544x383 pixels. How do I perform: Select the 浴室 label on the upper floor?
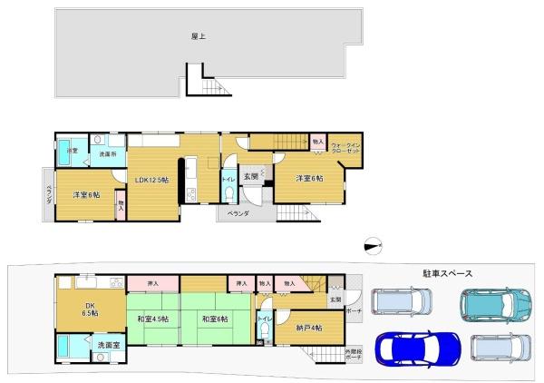69,149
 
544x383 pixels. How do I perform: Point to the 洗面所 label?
106,154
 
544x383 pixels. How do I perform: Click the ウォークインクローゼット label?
345,148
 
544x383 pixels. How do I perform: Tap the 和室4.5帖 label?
153,319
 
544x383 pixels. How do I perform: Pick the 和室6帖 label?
214,319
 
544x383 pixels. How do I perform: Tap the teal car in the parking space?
492,303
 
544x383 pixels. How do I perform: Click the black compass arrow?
372,243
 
